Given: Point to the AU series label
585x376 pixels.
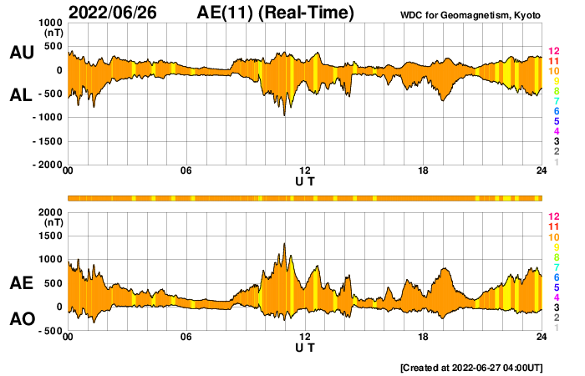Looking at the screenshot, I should point(22,53).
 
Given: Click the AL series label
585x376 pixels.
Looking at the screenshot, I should point(22,95).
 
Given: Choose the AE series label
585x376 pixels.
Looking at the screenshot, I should point(22,284).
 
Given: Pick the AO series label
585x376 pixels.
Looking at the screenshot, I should point(22,319).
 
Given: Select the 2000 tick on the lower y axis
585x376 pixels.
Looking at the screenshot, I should point(50,212).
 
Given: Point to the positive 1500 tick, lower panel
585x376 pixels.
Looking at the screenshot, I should point(50,236).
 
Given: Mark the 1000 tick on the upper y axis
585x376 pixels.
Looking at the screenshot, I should point(50,23).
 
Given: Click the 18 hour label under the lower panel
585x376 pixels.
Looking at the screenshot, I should point(424,337).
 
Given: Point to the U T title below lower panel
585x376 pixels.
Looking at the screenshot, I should point(305,348).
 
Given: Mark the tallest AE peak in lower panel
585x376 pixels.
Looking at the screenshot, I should point(284,243).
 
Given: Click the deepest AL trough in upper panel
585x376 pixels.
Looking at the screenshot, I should point(284,114).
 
